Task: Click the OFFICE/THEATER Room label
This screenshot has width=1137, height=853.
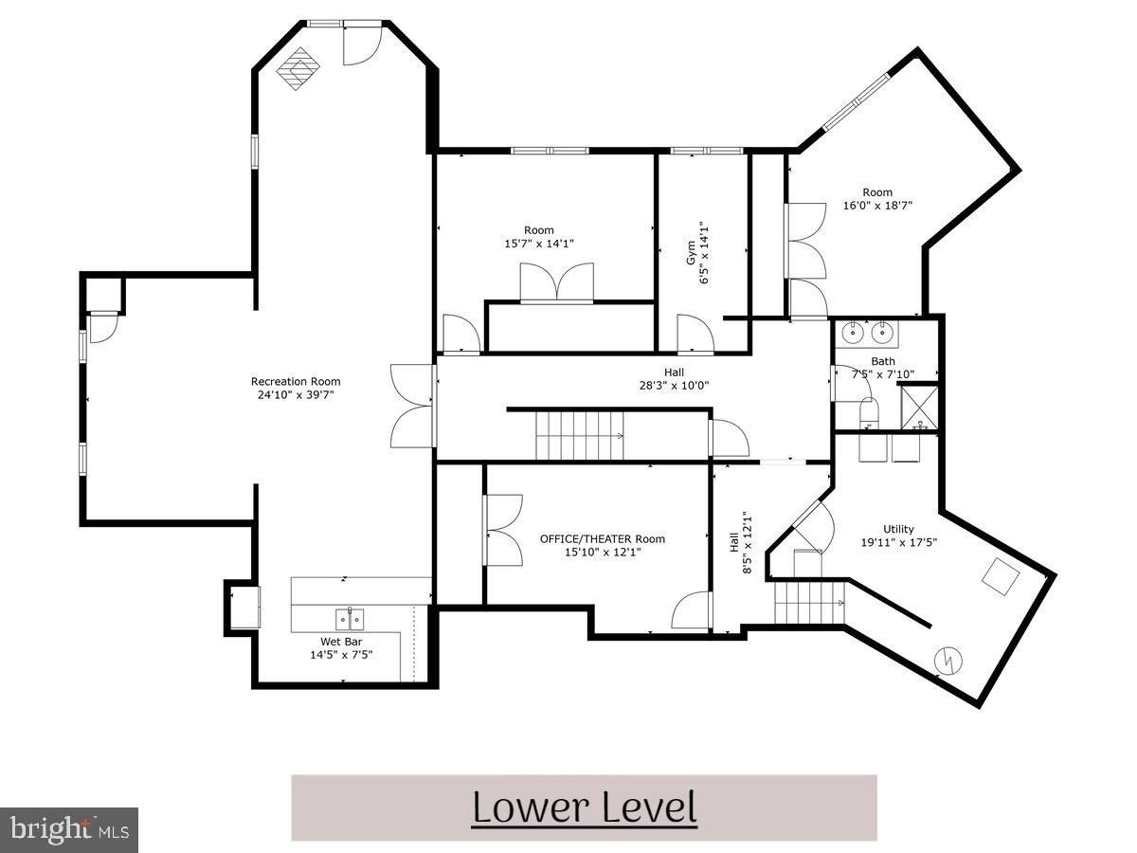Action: (602, 538)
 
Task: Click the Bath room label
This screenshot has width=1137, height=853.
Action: (883, 361)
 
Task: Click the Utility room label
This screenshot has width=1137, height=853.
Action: (898, 529)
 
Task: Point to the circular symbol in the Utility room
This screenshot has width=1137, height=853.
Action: (947, 660)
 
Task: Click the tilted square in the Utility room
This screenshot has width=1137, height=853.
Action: (1000, 575)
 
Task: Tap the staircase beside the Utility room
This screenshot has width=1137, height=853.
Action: (810, 603)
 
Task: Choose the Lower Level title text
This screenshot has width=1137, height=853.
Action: (584, 808)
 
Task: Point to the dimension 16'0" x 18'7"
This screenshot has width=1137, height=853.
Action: (877, 205)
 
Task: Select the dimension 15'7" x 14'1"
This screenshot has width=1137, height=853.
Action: (539, 244)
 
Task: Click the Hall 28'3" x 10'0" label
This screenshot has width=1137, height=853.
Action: (674, 379)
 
